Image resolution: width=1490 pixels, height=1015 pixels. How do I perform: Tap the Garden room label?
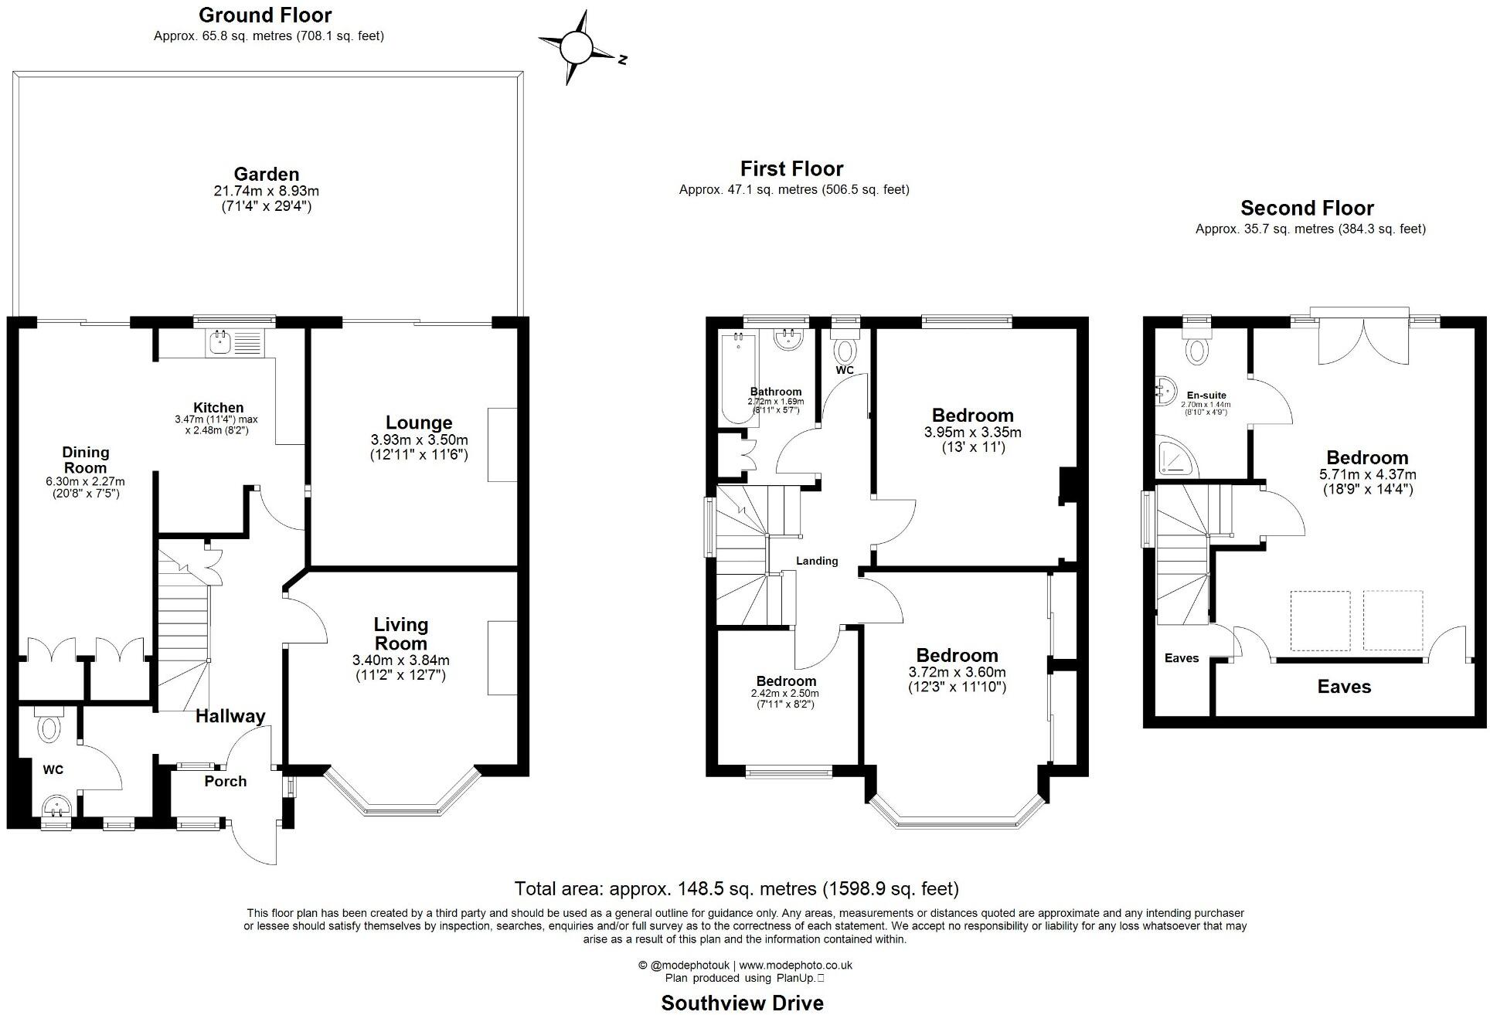coord(267,175)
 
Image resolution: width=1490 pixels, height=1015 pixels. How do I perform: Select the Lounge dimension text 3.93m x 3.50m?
coord(419,440)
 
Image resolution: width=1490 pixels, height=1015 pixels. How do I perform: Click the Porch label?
coord(226,781)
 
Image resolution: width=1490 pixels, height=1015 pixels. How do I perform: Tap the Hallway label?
coord(230,716)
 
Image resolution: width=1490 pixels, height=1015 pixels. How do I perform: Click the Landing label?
coord(817,561)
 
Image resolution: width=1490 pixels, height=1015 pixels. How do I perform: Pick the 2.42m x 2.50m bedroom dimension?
coord(786,694)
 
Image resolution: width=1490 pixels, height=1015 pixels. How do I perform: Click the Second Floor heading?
coord(1307,208)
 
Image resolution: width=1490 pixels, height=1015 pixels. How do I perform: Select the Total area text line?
coord(736,888)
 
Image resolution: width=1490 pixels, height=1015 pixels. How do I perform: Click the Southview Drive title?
coord(742,1003)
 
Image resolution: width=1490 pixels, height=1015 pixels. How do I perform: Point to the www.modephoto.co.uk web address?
coord(795,965)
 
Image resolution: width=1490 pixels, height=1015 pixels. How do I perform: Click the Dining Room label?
coord(86,460)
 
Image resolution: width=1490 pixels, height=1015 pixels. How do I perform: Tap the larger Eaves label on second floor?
coord(1344,687)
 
